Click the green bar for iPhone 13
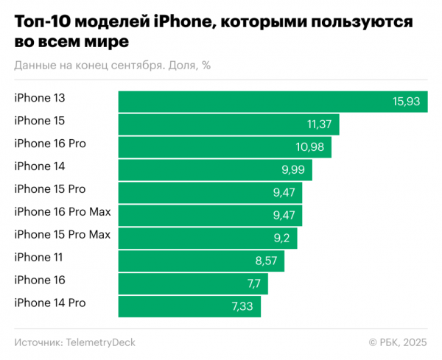(273, 102)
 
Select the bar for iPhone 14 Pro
(190, 306)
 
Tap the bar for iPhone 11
(201, 261)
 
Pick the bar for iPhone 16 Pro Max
(211, 215)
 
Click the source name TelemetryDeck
(101, 342)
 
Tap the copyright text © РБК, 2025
(398, 342)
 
